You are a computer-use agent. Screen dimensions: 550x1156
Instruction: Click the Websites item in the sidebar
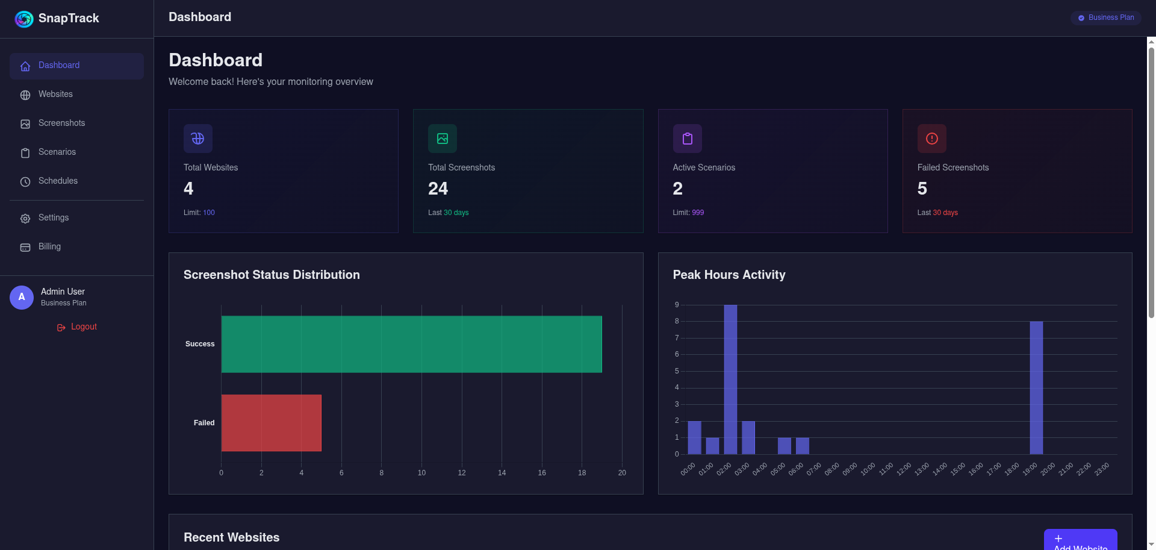coord(55,95)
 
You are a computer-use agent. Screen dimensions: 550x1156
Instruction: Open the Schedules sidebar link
coord(58,181)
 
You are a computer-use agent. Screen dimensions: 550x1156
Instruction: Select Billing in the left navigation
coord(49,247)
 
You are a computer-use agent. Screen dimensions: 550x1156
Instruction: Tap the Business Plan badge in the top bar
coord(1105,18)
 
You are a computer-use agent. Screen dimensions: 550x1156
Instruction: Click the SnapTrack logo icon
coord(24,19)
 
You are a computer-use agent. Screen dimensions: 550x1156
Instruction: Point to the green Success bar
coord(411,344)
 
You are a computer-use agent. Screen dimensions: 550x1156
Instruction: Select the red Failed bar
coord(271,423)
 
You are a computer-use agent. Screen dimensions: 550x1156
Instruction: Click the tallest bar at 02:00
coord(730,380)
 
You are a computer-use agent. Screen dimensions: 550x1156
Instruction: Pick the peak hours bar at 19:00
coord(1036,387)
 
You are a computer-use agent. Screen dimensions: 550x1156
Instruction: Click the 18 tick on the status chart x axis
coord(582,473)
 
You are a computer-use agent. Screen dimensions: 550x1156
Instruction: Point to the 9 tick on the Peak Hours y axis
coord(677,305)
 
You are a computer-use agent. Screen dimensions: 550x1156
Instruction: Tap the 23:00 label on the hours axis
coord(1102,469)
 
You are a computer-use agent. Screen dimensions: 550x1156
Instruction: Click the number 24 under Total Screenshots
coord(438,189)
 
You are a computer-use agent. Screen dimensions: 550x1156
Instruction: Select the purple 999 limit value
coord(698,213)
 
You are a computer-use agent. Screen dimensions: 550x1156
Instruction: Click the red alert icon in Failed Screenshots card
coord(931,139)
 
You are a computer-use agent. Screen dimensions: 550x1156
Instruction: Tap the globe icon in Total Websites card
coord(197,139)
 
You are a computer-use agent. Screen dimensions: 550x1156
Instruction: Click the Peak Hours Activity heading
coord(729,275)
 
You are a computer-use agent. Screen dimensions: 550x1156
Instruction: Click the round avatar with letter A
coord(22,298)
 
